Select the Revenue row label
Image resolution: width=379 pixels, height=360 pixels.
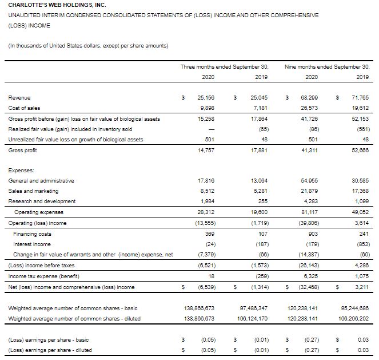click(19, 98)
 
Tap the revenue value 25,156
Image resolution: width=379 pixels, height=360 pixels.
click(205, 98)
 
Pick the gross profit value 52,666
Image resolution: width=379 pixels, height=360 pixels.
click(359, 149)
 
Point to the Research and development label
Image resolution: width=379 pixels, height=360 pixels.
click(42, 201)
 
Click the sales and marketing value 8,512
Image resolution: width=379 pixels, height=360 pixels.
click(206, 191)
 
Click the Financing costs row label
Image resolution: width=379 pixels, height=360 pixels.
click(33, 233)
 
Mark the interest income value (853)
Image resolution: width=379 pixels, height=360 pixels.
click(360, 243)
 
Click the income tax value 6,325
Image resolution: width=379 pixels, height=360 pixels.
click(310, 276)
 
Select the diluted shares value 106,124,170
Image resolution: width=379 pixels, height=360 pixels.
click(255, 319)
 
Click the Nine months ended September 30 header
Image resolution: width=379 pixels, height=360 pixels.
click(327, 67)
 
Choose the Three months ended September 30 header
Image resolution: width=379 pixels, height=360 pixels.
click(224, 67)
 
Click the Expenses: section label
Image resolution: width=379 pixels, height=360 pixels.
click(22, 170)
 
